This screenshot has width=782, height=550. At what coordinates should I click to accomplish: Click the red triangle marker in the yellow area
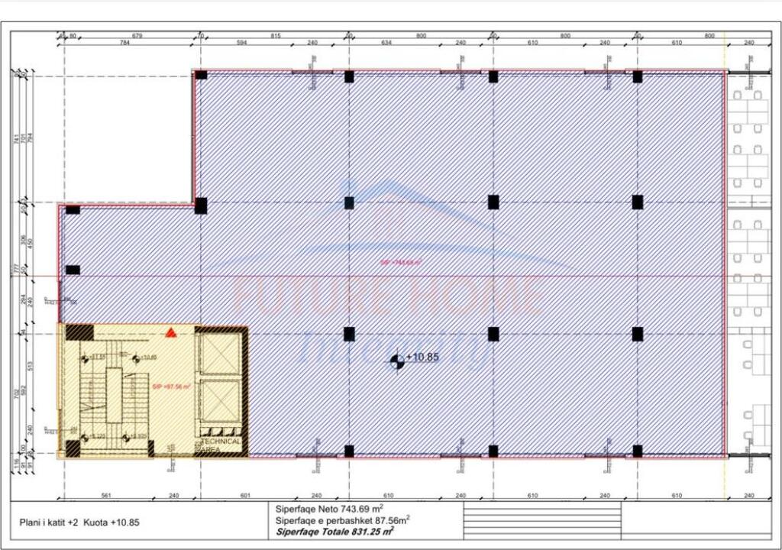tap(172, 332)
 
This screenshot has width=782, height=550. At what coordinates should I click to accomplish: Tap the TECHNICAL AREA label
tap(221, 445)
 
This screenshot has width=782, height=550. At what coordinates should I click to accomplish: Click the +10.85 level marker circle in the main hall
tap(396, 361)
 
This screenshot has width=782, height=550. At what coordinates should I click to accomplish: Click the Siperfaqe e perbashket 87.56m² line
tap(341, 519)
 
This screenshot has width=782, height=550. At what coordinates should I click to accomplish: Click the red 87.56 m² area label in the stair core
tap(171, 387)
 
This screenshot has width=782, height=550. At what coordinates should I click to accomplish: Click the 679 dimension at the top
tap(138, 35)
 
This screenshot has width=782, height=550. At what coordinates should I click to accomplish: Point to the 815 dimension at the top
tap(276, 35)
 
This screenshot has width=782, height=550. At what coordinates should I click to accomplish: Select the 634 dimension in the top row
tap(386, 44)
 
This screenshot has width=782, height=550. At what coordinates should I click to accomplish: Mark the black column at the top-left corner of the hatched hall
tap(201, 75)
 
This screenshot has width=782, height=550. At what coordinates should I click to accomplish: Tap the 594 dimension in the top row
tap(242, 44)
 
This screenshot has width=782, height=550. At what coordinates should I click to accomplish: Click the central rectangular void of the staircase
tap(114, 394)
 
